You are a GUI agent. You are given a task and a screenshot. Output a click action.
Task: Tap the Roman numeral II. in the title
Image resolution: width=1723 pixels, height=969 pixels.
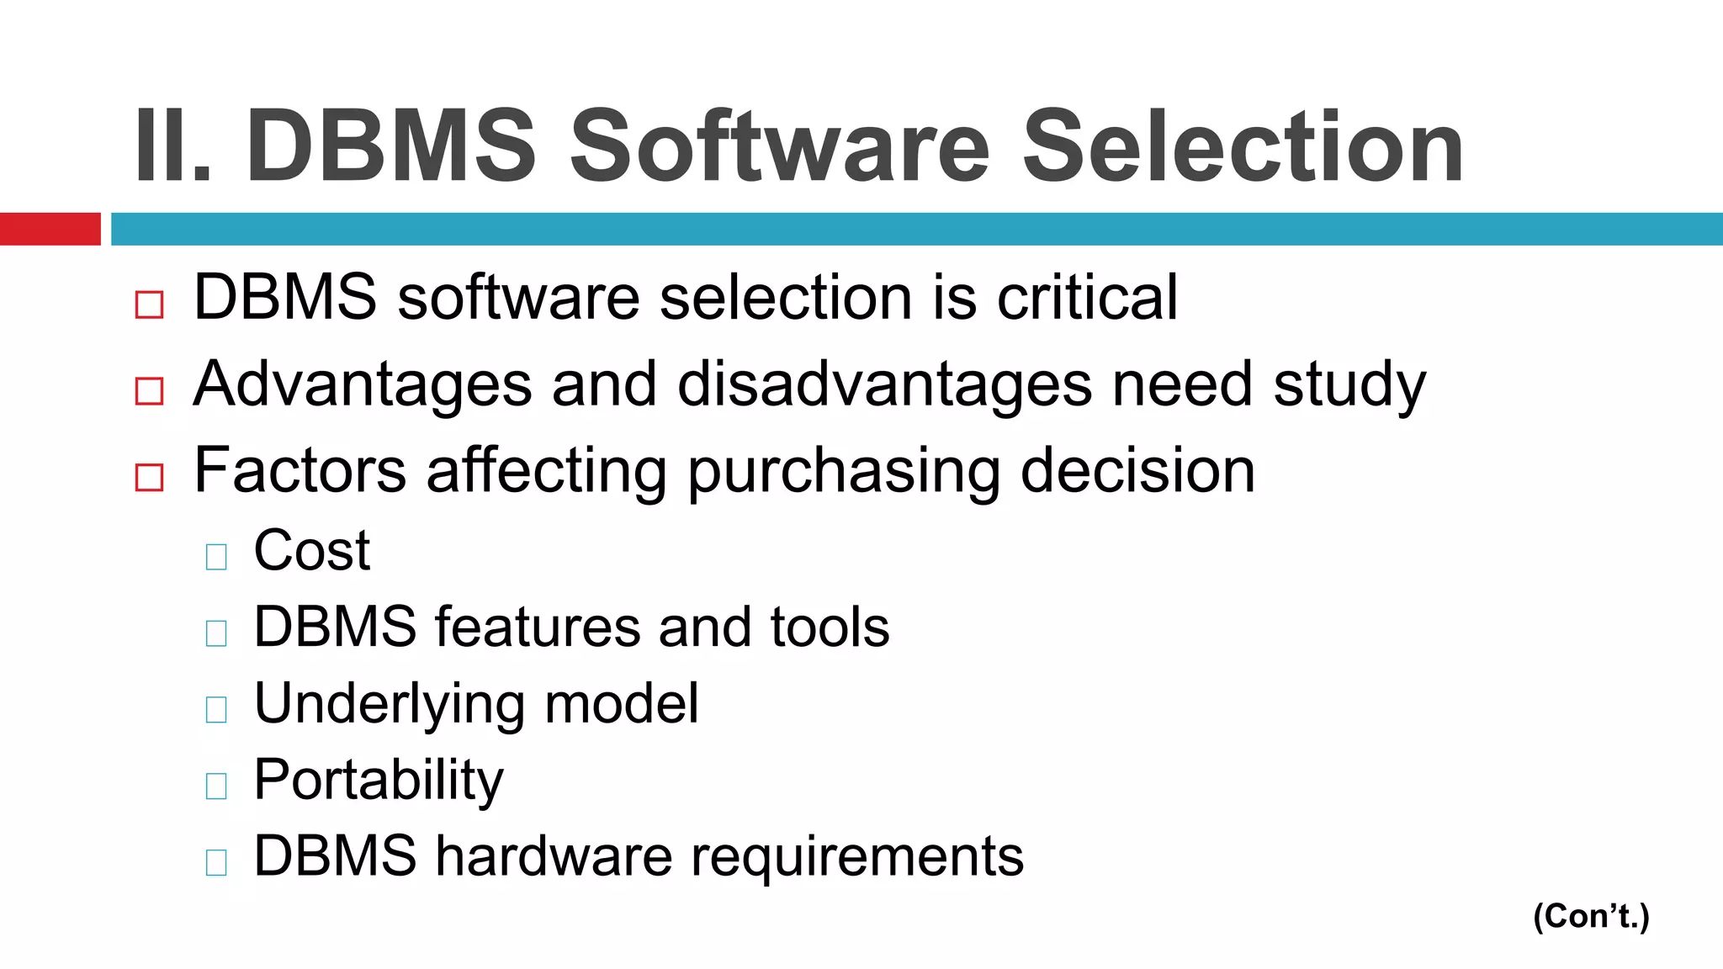(172, 147)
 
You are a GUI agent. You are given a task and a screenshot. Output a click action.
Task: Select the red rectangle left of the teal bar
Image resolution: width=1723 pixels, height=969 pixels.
(50, 229)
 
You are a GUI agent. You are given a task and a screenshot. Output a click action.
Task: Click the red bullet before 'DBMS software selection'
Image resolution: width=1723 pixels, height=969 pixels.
(149, 304)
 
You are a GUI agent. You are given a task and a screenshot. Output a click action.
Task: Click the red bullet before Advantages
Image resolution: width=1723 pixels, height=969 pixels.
(149, 391)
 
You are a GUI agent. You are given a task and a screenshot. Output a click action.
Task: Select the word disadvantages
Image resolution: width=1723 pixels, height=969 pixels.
(884, 384)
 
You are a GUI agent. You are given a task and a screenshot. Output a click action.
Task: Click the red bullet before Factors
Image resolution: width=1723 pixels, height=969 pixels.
(149, 478)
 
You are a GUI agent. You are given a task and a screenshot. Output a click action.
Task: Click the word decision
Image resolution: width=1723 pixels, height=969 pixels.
(1137, 470)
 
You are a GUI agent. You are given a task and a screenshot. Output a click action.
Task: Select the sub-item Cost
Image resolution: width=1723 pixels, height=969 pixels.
(311, 551)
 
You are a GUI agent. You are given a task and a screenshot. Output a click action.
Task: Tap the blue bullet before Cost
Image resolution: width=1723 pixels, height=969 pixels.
(216, 557)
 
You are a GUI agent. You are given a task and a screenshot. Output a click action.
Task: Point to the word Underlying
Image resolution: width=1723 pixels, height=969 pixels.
(389, 705)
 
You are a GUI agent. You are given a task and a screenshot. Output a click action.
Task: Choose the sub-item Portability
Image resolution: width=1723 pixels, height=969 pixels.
(378, 781)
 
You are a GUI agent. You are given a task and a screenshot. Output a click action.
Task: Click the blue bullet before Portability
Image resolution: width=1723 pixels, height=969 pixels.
(216, 786)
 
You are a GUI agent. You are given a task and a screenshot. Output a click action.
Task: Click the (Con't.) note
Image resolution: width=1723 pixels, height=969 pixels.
(1591, 916)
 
